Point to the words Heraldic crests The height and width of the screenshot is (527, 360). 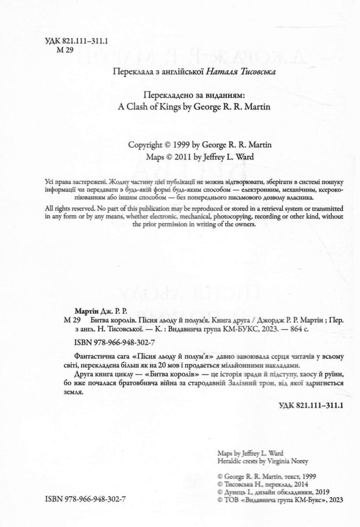239,461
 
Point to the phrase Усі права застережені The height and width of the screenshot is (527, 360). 75,182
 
